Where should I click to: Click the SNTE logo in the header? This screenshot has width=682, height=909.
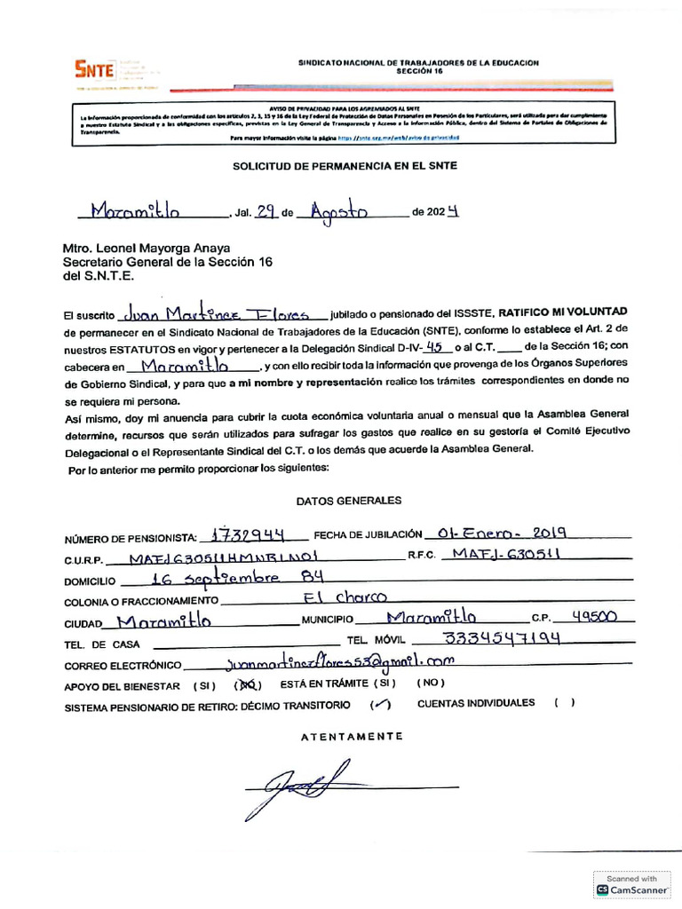click(93, 69)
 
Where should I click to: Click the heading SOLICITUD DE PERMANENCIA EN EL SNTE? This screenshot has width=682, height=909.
click(345, 166)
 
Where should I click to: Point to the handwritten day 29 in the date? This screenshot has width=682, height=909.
click(265, 212)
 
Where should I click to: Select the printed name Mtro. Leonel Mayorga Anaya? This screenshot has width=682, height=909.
click(146, 249)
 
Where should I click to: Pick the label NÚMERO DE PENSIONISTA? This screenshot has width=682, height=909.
click(129, 539)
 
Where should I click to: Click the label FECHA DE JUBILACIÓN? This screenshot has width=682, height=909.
click(368, 535)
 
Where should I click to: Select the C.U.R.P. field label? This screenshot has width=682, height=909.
click(84, 560)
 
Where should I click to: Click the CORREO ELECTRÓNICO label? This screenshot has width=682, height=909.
click(123, 666)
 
